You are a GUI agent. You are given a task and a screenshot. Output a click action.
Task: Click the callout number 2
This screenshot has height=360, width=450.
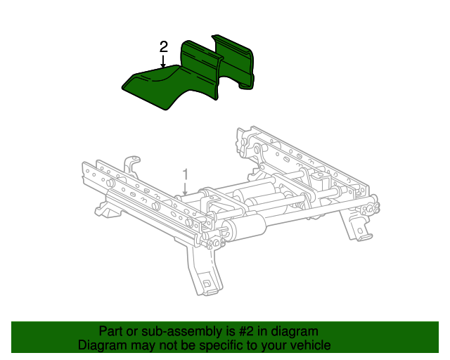[163, 47]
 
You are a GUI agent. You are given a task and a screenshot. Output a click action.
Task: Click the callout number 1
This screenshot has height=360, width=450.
[186, 175]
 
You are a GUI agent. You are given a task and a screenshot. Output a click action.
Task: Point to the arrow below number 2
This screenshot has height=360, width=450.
[163, 61]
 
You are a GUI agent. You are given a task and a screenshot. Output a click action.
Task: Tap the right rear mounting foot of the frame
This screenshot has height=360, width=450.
[355, 226]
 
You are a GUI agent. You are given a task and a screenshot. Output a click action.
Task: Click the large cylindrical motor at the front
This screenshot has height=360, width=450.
[245, 228]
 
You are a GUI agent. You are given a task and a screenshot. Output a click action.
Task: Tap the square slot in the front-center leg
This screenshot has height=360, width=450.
[206, 283]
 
